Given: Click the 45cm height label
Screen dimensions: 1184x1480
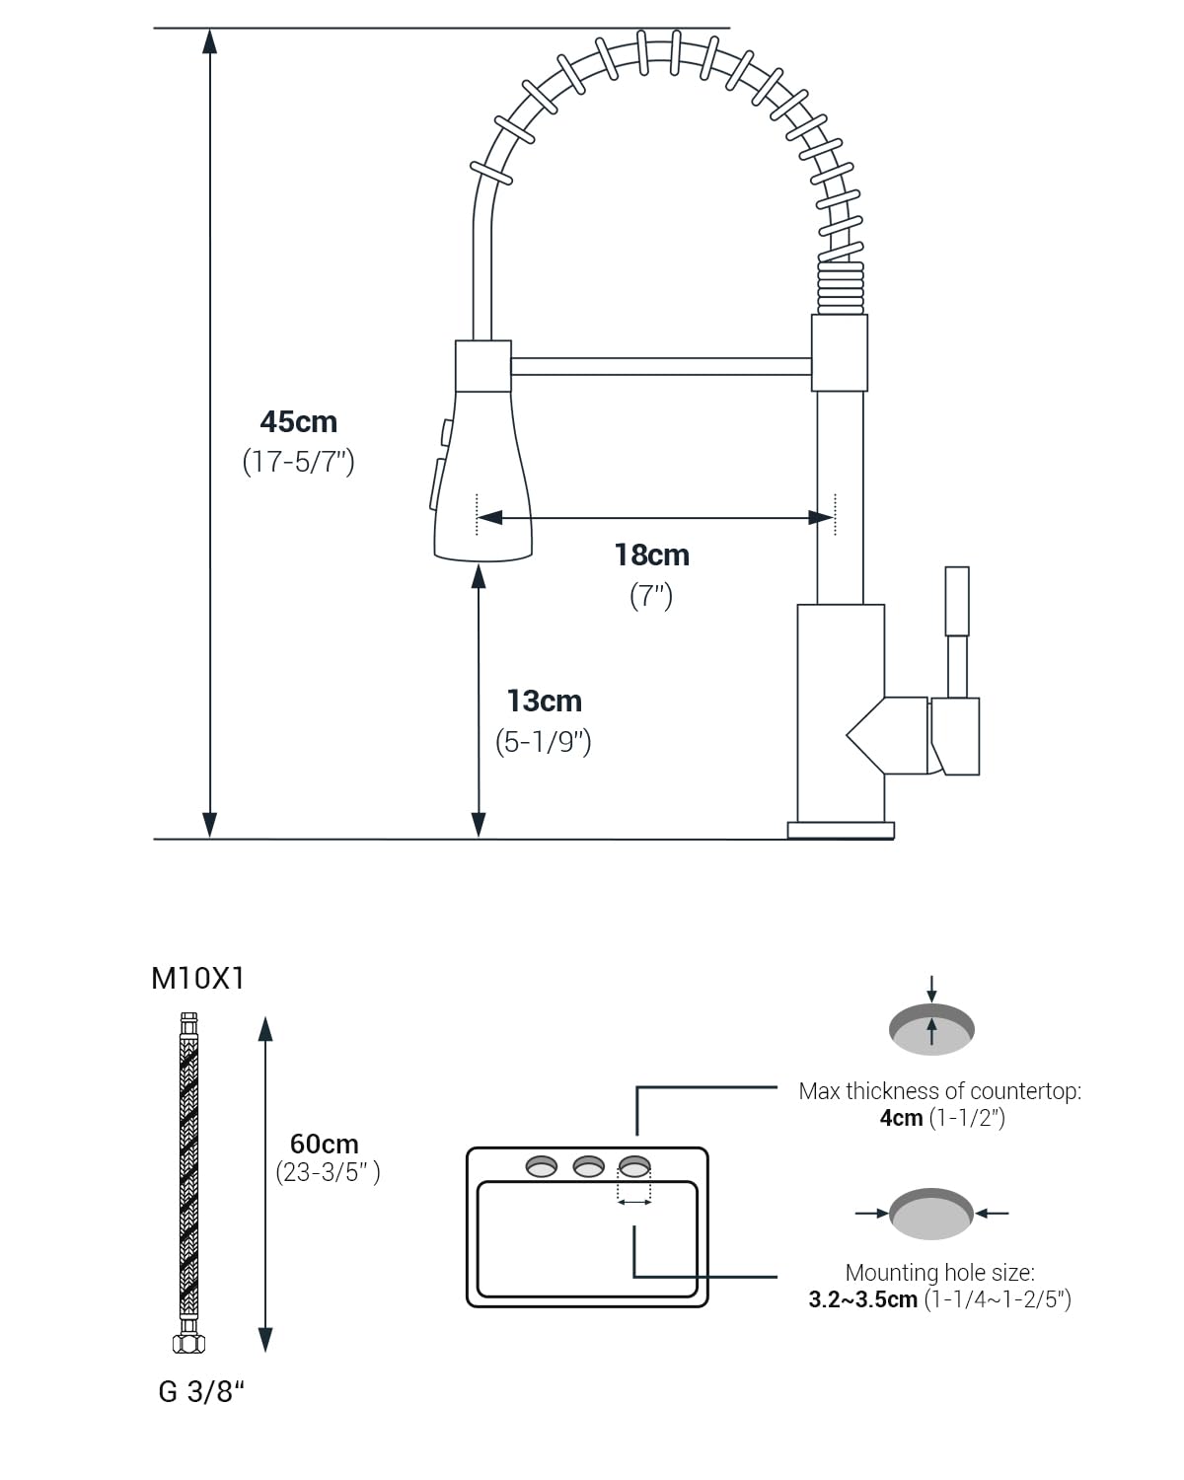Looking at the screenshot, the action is (x=299, y=421).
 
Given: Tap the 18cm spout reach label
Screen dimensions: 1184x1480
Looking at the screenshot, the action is (x=651, y=555).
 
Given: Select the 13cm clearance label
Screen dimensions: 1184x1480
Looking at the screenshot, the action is (x=545, y=701).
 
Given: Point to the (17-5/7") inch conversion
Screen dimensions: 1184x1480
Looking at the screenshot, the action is (x=299, y=462).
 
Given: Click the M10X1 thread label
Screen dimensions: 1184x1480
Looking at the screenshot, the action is (x=197, y=978).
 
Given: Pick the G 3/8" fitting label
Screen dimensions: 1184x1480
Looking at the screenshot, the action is (x=201, y=1391).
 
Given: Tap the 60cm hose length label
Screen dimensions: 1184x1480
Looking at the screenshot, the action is (x=324, y=1144).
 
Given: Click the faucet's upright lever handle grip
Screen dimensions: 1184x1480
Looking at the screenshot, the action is (x=956, y=601).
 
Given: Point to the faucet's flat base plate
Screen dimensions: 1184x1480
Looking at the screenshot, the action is (x=841, y=830).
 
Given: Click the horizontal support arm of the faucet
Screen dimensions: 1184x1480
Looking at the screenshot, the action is (x=660, y=367).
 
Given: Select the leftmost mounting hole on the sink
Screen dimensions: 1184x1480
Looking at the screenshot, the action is (x=542, y=1166).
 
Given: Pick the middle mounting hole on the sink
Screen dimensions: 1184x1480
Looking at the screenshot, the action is (x=589, y=1166).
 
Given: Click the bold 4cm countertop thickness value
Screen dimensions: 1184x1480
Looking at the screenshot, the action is (x=901, y=1118).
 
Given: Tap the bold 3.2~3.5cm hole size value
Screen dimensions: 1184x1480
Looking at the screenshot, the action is (x=862, y=1299).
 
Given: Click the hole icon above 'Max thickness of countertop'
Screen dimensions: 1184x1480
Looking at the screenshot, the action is (x=931, y=1029).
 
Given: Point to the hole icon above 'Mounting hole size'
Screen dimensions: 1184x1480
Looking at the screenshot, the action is (x=931, y=1214).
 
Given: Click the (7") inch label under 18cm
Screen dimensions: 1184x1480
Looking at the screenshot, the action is (x=651, y=596).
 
